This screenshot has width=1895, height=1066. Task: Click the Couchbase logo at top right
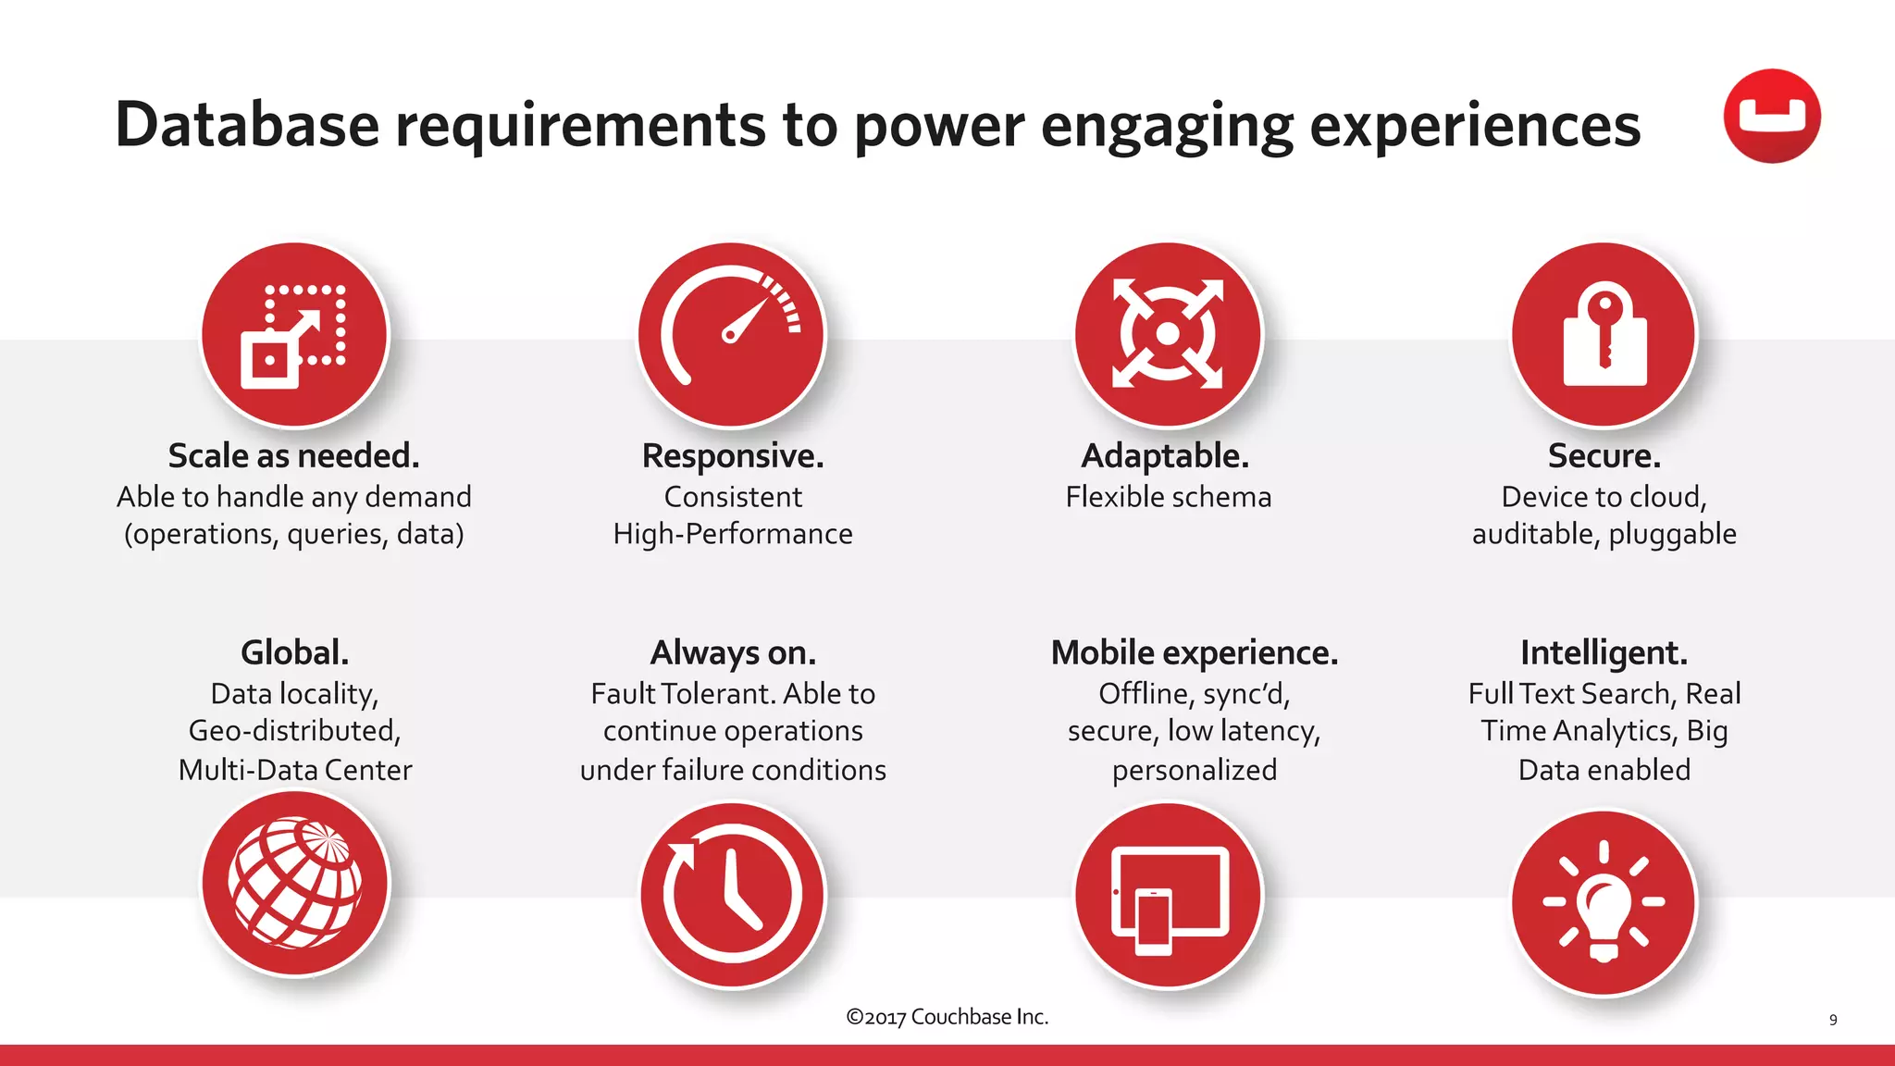(1771, 117)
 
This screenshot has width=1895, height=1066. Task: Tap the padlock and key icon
(1604, 335)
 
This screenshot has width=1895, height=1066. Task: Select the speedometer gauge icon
(731, 335)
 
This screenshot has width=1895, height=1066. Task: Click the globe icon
(295, 884)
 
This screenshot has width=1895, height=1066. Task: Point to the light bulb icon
(1604, 902)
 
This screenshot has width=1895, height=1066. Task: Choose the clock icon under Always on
(732, 895)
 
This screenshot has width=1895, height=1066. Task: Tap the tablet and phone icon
(1168, 896)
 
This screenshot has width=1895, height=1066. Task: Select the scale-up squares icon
(294, 335)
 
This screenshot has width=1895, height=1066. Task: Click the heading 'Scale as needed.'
(294, 456)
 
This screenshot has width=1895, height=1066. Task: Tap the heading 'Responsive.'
(733, 456)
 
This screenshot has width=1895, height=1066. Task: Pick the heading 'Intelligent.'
(1604, 653)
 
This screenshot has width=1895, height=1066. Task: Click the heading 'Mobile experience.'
(1194, 653)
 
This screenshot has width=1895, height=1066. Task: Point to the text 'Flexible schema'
(1168, 497)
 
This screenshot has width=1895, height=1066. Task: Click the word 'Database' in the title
(247, 125)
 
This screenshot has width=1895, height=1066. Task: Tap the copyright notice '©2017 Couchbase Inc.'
(947, 1017)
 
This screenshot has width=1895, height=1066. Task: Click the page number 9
(1832, 1020)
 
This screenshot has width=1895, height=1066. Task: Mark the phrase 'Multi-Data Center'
(294, 770)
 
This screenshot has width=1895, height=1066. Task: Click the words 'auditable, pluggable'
(1604, 534)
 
